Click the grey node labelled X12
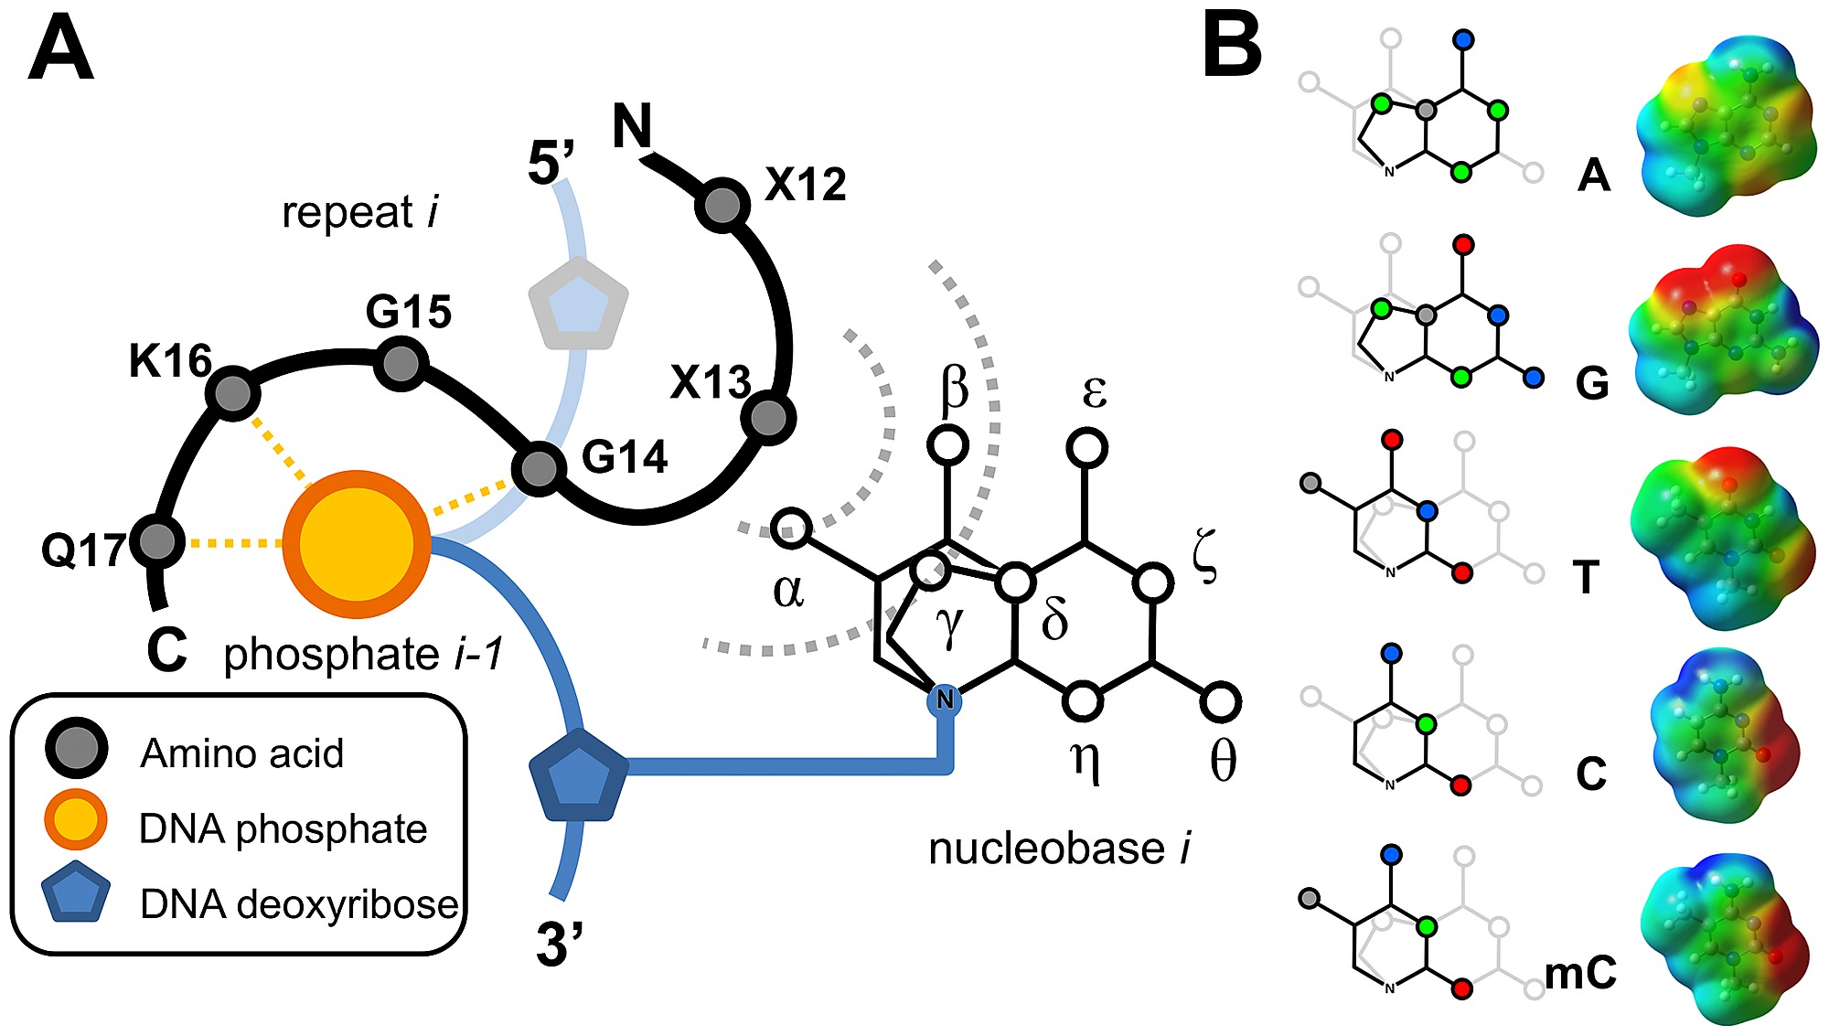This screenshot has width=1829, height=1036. [x=722, y=206]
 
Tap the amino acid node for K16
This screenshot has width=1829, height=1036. [x=233, y=393]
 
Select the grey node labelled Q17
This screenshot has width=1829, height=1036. [x=158, y=542]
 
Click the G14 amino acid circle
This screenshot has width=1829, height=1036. [x=538, y=469]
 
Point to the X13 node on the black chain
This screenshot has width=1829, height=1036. [x=768, y=418]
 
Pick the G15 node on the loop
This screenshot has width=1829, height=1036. [x=401, y=364]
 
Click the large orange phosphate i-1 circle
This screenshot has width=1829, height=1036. [x=357, y=545]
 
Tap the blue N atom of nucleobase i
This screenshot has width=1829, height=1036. [x=945, y=700]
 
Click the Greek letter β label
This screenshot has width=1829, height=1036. [x=954, y=388]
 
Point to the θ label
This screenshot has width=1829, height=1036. [x=1223, y=759]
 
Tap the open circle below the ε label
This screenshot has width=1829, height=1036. [x=1086, y=448]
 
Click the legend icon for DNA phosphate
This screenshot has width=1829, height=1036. [x=76, y=819]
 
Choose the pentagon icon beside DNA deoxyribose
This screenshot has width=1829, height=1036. [x=76, y=892]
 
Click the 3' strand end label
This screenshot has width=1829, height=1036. [x=560, y=945]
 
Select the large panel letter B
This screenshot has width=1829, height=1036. [x=1232, y=46]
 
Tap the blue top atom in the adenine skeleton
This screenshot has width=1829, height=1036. [x=1463, y=40]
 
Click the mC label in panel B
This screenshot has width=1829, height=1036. [x=1581, y=973]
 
